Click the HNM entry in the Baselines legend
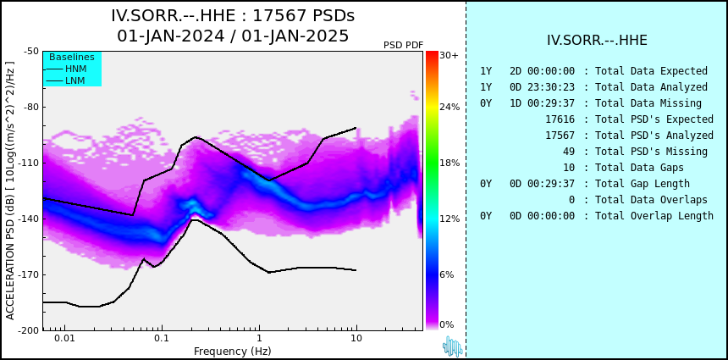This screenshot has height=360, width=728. pos(75,69)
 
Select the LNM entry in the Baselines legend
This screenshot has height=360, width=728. pos(75,80)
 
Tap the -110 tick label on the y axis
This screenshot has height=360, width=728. pos(30,163)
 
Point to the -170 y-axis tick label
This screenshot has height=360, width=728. pos(30,274)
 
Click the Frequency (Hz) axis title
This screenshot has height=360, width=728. pos(232,351)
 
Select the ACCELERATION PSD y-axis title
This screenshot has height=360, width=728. pos(10,191)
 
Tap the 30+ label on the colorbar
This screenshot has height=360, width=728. pos(449,55)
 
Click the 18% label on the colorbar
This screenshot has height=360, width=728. pos(449,163)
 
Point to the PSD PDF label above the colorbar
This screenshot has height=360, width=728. pos(404,45)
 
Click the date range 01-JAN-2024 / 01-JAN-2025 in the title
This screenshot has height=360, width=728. pos(233,36)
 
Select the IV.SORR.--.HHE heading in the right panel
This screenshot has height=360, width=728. pos(597,41)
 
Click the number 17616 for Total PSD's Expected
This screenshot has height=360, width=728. pos(560,119)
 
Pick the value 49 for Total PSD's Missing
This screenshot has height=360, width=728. pos(569,152)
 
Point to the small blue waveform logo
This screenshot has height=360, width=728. pos(452,346)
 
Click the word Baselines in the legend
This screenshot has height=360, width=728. pos(72,57)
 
